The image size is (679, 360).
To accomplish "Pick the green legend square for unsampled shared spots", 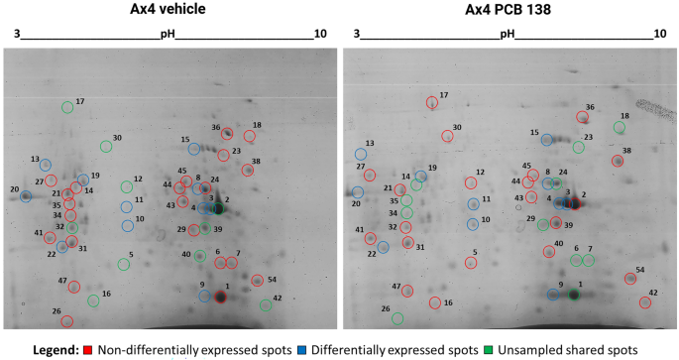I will pos(488,350).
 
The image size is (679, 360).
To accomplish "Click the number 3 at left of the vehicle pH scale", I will pos(17,35).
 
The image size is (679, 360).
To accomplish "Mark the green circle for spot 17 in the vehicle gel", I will pos(67,107).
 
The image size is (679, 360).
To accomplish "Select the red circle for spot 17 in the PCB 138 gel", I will pos(431,102).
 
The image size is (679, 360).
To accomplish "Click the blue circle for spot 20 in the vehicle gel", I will pos(26,196).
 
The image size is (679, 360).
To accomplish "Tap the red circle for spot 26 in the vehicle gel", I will pos(66,320).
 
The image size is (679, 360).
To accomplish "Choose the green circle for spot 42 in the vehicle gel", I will pos(265,305).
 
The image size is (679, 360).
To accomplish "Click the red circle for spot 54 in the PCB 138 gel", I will pos(630,279).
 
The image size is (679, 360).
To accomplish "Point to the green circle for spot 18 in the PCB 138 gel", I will pos(620,127).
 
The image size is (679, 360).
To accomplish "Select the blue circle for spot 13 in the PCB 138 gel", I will pos(361,154).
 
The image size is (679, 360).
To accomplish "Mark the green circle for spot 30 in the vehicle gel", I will pos(105,146).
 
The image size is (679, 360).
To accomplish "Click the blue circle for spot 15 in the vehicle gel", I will pos(194,149).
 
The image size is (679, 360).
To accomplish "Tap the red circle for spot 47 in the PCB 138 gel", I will pos(406,292).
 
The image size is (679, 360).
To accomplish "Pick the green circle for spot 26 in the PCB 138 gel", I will pos(397,318).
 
